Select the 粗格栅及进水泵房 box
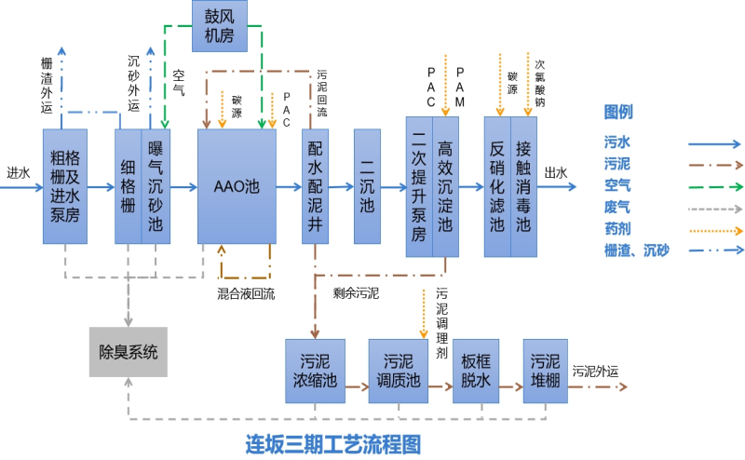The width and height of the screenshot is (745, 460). (x=65, y=186)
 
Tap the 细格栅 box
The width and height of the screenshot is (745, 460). (x=129, y=186)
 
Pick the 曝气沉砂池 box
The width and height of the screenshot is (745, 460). (x=156, y=186)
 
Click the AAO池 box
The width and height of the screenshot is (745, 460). (x=237, y=186)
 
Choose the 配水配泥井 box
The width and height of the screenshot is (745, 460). (x=316, y=186)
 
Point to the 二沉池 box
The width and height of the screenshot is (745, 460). (x=367, y=186)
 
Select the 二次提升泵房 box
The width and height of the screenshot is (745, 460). (x=419, y=186)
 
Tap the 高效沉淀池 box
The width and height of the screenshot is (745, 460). (x=445, y=186)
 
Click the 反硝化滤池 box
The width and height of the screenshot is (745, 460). (x=497, y=186)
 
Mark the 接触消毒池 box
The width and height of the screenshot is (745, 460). (x=523, y=186)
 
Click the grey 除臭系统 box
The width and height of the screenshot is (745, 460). (x=129, y=352)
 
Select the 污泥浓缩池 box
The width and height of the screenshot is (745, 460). (x=315, y=372)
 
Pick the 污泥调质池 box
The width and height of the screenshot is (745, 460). (x=398, y=372)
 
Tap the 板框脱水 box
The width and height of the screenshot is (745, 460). (x=471, y=372)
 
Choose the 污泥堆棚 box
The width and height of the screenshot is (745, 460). (x=545, y=372)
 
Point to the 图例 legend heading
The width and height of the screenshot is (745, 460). (x=619, y=113)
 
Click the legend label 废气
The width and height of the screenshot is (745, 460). (x=617, y=206)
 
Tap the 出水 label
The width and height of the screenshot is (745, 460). (x=556, y=172)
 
